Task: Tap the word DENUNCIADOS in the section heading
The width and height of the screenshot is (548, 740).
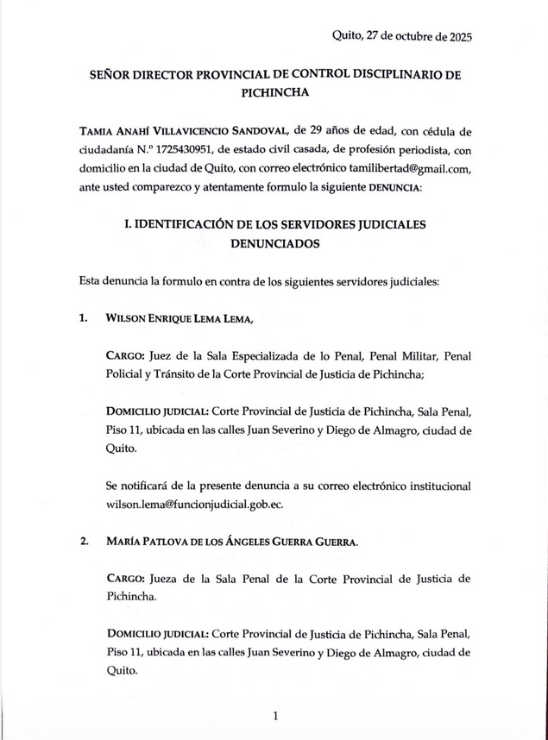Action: pos(274,243)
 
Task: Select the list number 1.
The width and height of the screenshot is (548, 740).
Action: pos(83,318)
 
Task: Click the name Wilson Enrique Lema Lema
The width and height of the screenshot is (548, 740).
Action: pos(180,318)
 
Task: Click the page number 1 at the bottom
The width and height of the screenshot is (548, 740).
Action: pos(274,716)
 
